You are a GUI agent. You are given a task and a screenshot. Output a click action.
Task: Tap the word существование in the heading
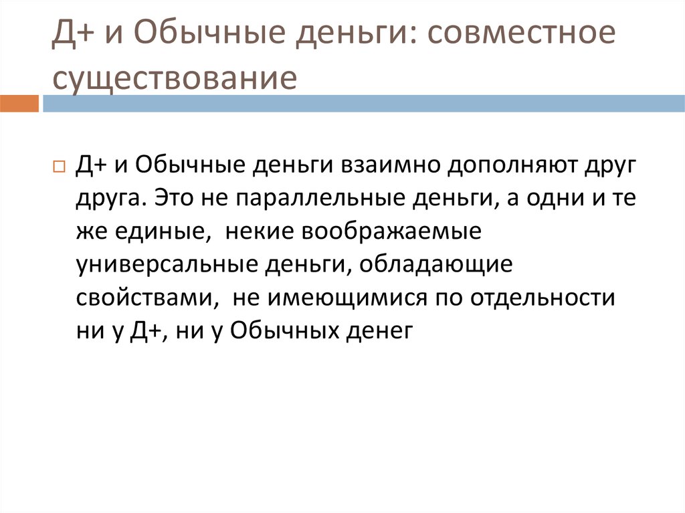[175, 78]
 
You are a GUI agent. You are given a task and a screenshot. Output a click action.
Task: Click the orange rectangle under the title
[19, 104]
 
